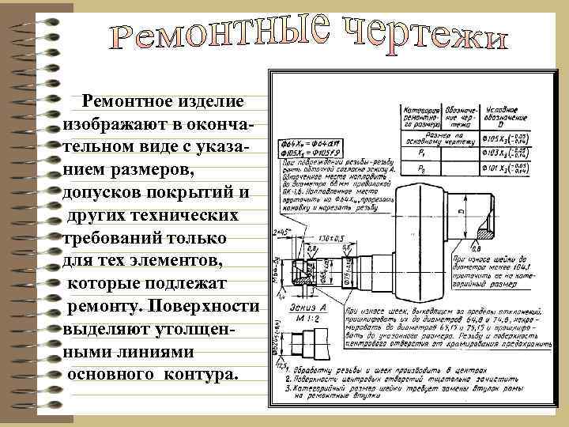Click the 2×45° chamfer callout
point(281,232)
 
